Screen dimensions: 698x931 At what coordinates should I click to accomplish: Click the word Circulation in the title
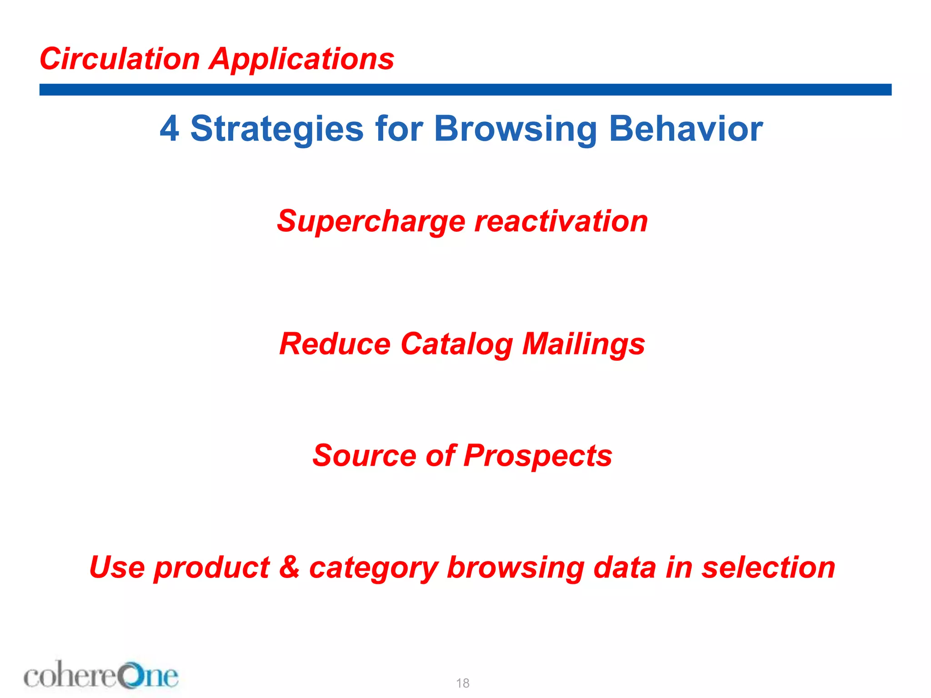(120, 59)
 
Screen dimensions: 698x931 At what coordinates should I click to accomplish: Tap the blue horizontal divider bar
(465, 90)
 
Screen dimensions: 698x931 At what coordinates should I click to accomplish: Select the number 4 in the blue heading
(169, 129)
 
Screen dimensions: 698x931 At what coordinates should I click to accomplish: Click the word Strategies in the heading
(276, 129)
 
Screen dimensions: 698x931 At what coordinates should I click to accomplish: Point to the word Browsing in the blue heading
(515, 129)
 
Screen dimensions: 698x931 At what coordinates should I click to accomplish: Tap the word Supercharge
(371, 221)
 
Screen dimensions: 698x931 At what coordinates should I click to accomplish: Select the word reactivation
(561, 221)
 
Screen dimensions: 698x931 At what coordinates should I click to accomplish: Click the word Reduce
(335, 344)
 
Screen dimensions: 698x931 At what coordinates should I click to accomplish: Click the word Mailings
(583, 344)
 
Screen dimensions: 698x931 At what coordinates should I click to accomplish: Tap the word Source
(364, 455)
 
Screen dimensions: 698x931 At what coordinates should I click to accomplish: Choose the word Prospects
(538, 455)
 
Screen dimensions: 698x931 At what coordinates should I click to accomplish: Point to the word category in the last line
(374, 568)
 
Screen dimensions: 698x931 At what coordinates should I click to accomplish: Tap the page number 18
(463, 683)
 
